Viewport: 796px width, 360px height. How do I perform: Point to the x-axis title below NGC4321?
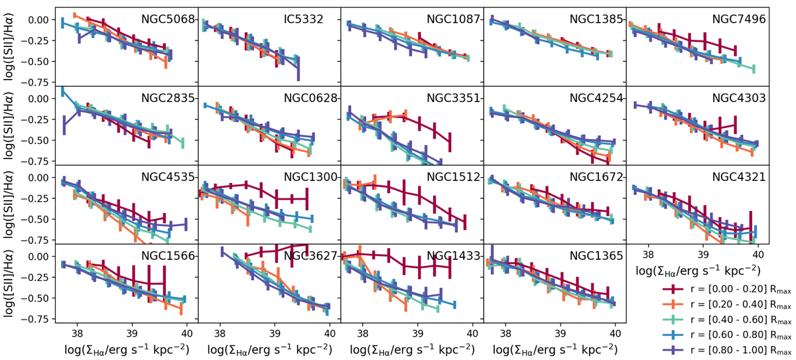click(x=698, y=270)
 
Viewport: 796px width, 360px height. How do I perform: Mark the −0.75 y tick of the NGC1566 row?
click(x=38, y=319)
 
